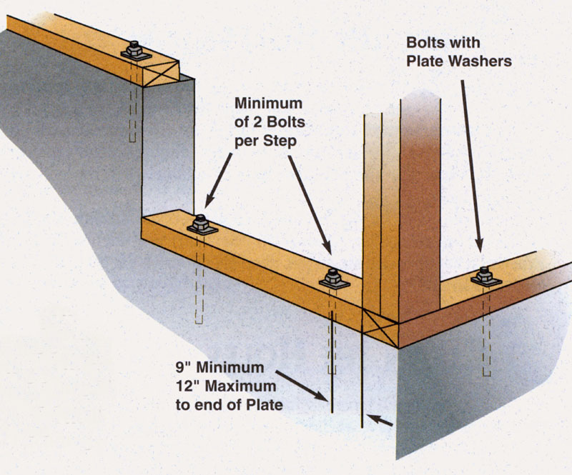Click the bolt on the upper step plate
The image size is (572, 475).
pos(134,50)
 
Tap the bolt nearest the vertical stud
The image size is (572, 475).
pos(332,278)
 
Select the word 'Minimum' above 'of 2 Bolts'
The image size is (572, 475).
pos(265,105)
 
